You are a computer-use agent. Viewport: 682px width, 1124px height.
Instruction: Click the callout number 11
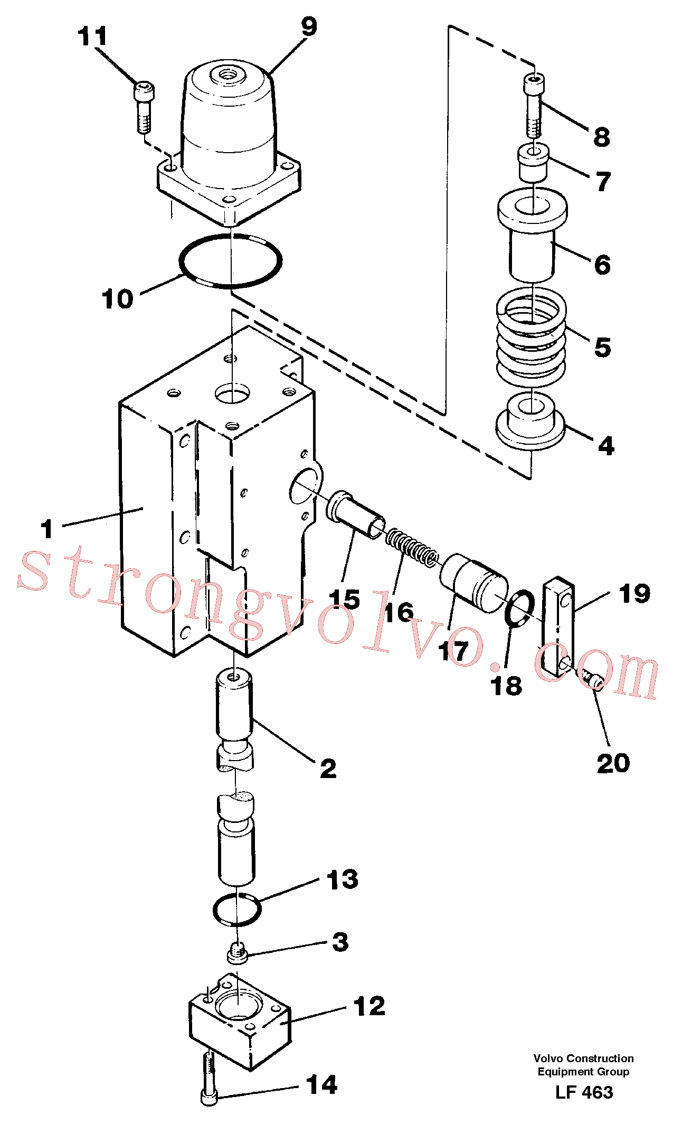(92, 36)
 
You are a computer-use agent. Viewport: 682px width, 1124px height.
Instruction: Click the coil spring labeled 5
(532, 338)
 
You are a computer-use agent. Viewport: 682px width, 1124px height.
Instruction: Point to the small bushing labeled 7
(533, 164)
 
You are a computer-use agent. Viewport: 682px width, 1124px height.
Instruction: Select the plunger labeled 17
(474, 583)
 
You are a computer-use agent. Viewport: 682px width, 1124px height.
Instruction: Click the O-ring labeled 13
(237, 910)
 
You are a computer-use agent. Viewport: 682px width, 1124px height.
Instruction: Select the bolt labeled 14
(210, 1078)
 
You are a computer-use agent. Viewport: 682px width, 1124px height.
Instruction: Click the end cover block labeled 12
(240, 1021)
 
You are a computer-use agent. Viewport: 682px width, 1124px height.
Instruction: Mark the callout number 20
(613, 763)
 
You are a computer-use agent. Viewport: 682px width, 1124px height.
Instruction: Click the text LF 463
(584, 1092)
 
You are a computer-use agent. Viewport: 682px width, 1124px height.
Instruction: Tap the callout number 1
(47, 529)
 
